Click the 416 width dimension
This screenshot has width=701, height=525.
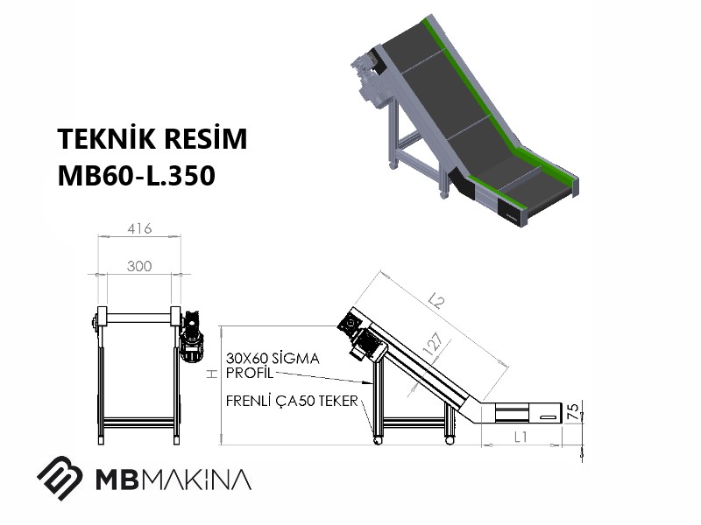139,228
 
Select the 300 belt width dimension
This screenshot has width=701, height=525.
139,266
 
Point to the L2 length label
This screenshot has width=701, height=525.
436,301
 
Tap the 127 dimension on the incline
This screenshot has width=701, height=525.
433,344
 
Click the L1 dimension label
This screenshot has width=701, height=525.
520,437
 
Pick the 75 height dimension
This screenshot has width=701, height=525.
573,410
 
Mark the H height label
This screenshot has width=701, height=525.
211,374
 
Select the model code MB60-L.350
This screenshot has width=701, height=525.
137,176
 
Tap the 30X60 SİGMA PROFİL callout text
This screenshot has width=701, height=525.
273,365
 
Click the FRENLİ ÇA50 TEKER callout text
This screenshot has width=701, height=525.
292,401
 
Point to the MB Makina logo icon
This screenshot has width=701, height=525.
60,478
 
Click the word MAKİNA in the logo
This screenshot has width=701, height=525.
199,479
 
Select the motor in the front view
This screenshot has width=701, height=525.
191,336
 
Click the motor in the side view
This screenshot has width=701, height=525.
361,337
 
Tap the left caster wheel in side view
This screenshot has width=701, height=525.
378,440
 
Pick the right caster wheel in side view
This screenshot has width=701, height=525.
450,440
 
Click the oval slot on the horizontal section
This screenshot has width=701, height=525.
549,417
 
